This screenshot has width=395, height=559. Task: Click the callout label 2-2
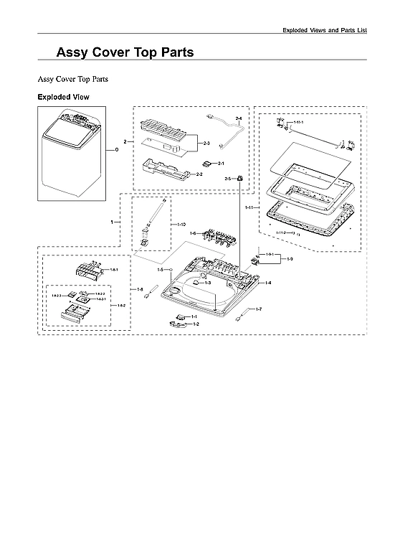(199, 174)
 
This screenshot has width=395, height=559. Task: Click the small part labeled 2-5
(240, 177)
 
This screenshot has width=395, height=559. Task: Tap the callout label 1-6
(193, 234)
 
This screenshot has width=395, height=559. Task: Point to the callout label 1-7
(259, 309)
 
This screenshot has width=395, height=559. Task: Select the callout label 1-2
(196, 324)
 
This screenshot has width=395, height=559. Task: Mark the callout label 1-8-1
(113, 270)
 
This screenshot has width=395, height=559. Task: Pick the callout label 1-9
(289, 258)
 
